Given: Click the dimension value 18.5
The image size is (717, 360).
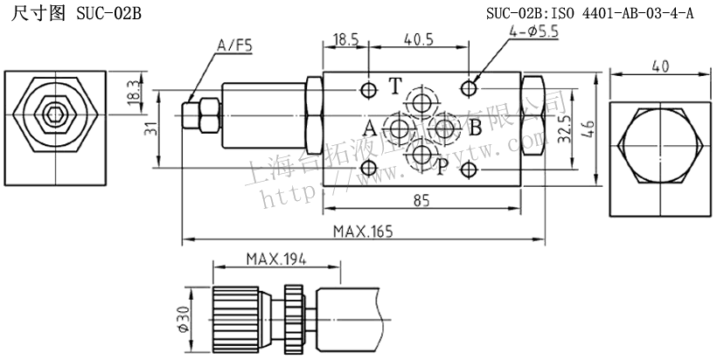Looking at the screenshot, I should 346,39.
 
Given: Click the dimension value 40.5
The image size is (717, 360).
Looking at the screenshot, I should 419,39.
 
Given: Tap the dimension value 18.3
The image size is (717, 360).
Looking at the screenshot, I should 133,90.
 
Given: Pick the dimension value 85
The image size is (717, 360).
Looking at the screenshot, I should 421,200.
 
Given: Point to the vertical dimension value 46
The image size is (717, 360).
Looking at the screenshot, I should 588,128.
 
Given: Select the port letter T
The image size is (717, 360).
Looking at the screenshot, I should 395,86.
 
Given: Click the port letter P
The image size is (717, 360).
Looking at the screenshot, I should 442,166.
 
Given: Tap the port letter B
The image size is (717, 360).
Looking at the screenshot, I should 475,128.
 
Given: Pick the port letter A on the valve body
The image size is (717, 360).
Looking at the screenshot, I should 371,128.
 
